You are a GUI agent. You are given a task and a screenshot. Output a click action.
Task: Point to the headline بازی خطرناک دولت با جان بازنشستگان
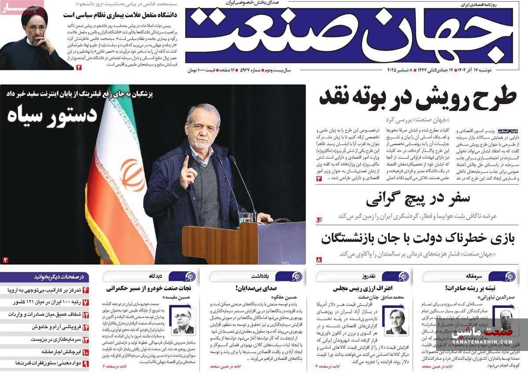click(x=418, y=239)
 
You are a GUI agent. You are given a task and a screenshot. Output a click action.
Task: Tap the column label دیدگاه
click(x=155, y=276)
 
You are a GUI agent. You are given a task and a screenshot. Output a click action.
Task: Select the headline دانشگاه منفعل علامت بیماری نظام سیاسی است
click(x=120, y=15)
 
